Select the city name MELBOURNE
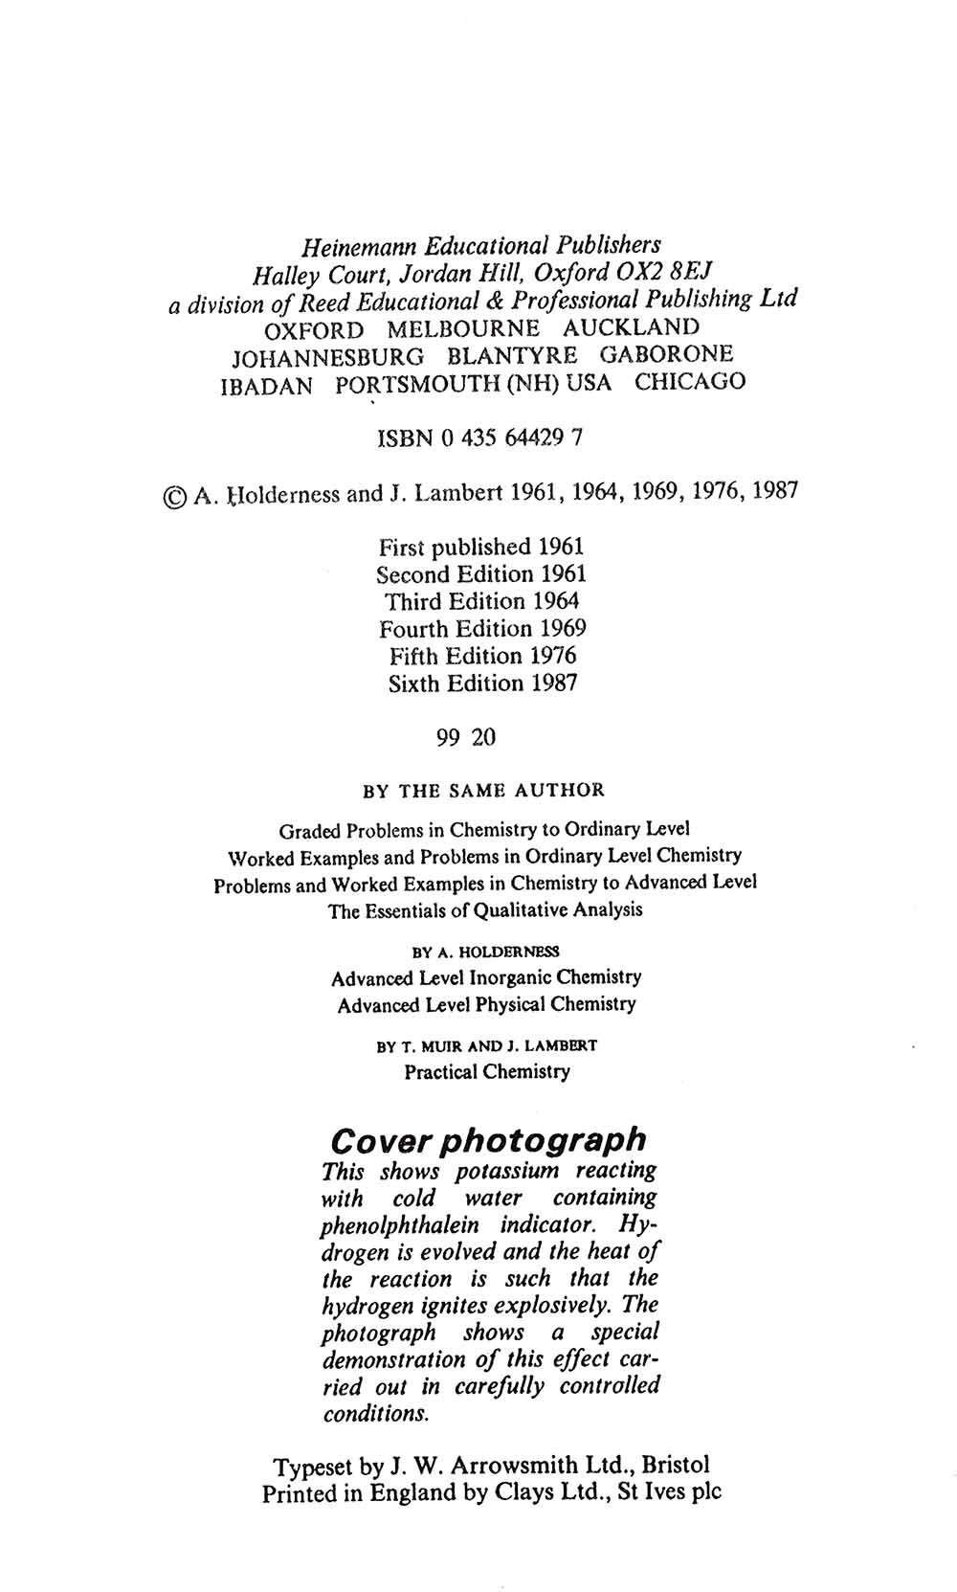[463, 329]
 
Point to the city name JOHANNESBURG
[328, 357]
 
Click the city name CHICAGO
[690, 382]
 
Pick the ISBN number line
[479, 438]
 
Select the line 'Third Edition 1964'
[481, 601]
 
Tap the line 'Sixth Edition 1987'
[482, 684]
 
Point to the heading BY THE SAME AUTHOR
[483, 791]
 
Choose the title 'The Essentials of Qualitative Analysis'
[485, 910]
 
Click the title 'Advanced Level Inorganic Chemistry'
[486, 977]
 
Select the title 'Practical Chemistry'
[486, 1071]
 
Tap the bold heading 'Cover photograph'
[487, 1140]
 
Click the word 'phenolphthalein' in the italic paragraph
[400, 1225]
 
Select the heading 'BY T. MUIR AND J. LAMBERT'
[486, 1046]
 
